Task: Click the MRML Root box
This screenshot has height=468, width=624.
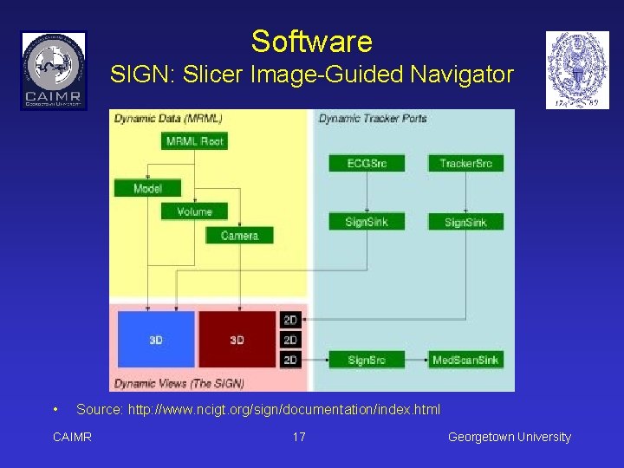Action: tap(194, 141)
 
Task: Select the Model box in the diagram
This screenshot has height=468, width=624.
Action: tap(147, 188)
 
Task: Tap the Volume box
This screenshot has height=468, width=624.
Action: tap(194, 211)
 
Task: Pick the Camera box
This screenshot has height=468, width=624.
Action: tap(239, 235)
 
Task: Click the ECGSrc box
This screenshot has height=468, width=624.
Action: tap(367, 163)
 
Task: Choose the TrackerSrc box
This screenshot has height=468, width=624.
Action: tap(465, 163)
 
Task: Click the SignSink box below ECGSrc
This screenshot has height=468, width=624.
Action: tap(367, 222)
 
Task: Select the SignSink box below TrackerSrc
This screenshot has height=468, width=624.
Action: tap(465, 222)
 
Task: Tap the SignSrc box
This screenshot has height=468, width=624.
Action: tap(367, 360)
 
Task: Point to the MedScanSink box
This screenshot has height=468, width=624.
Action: tap(465, 360)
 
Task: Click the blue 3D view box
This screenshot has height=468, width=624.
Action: tap(155, 340)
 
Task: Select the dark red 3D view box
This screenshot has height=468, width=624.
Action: tap(237, 340)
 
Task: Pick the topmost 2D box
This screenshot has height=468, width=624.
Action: tap(290, 321)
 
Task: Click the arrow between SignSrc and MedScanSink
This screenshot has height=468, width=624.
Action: tap(417, 360)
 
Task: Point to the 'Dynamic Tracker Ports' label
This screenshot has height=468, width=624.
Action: tap(373, 119)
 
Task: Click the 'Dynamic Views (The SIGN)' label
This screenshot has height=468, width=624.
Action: tap(179, 383)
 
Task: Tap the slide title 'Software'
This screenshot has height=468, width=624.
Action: tap(311, 42)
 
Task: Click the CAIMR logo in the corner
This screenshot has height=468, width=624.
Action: tap(54, 70)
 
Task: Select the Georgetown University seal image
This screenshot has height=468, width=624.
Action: tap(577, 70)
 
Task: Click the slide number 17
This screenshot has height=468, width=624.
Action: tap(299, 437)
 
